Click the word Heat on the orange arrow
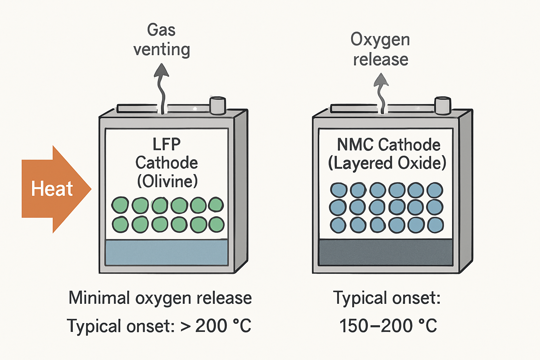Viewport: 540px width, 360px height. pos(52,189)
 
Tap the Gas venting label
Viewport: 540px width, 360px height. pos(161,39)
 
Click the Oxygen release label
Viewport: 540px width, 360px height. pos(380,49)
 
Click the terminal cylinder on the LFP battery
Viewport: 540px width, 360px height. pos(217,105)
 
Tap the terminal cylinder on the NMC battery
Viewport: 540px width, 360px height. pos(443,105)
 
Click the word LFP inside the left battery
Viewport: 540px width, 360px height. pos(167,144)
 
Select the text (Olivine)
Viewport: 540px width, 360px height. pos(167,181)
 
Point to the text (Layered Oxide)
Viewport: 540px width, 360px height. pos(387,163)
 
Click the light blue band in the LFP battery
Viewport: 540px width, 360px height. pos(167,252)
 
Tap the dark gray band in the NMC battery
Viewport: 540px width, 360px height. pos(386,252)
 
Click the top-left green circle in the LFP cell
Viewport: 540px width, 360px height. pos(120,205)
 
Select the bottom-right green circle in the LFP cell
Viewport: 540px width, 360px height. pos(216,225)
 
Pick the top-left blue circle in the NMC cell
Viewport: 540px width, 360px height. pos(339,190)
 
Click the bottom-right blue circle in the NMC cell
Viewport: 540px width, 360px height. pos(435,225)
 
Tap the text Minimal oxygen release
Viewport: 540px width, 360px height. pos(160,298)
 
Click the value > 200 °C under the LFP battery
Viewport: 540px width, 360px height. pos(216,326)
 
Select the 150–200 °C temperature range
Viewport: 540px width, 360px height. pos(388,326)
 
